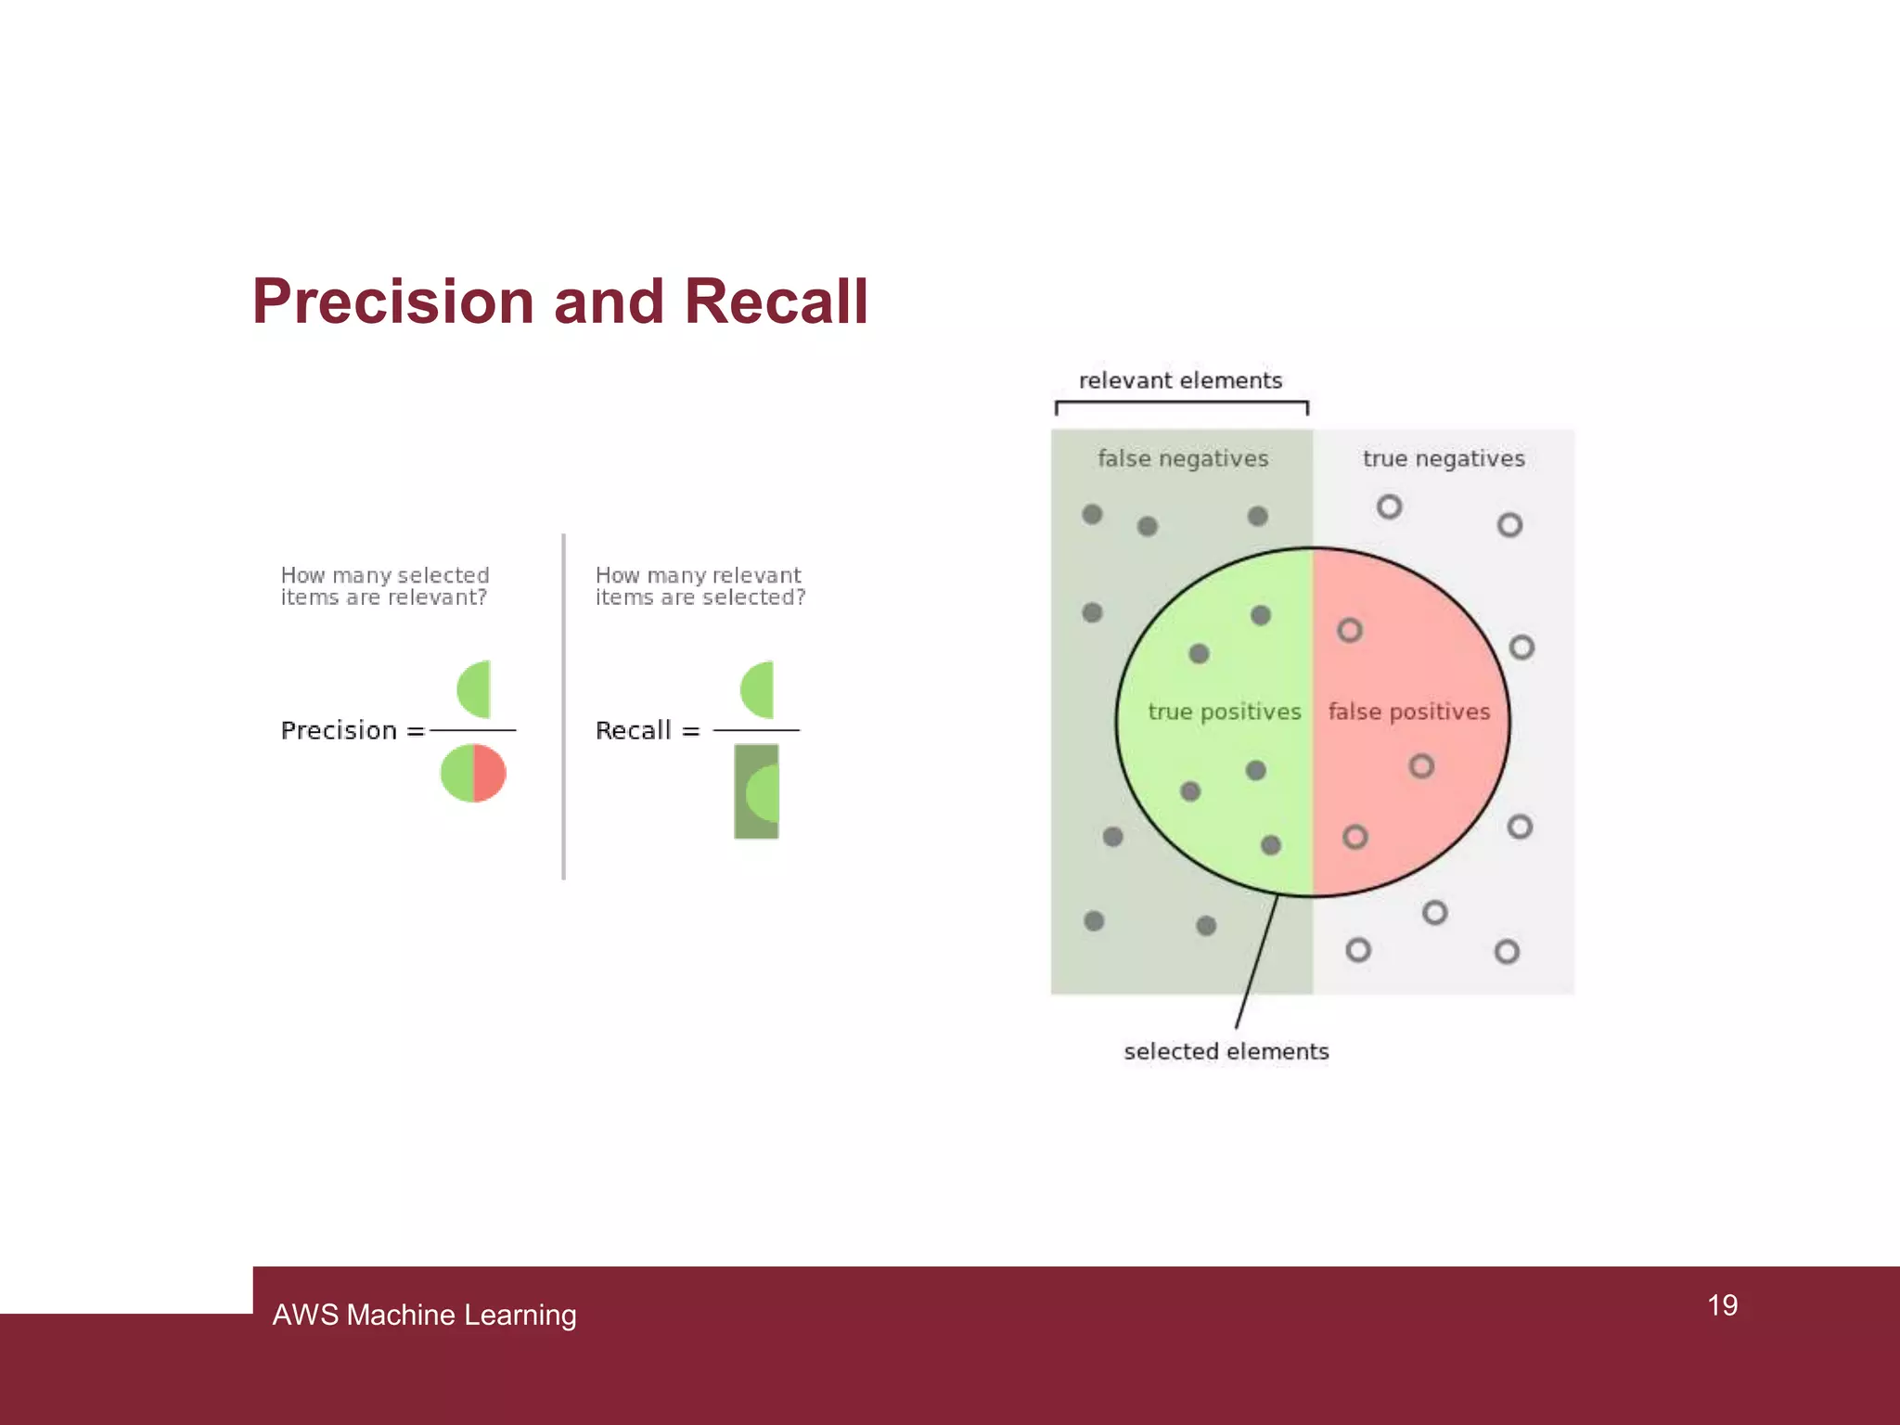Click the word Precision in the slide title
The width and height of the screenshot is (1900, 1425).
tap(394, 302)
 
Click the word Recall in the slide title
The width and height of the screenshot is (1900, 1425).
tap(776, 302)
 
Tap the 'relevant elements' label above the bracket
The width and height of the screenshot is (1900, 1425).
tap(1180, 380)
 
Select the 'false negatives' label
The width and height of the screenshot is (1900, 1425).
tap(1183, 458)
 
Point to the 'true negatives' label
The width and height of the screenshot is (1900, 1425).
tap(1444, 458)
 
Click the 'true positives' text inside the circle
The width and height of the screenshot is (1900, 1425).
tap(1225, 712)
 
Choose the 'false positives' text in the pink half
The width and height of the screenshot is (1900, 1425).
tap(1408, 712)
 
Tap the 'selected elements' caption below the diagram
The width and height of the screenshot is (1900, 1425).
tap(1226, 1051)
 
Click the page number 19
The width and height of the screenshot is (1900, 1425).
tap(1722, 1305)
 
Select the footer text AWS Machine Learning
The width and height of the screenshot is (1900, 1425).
tap(424, 1315)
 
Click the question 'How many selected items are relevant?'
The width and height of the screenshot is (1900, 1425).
tap(384, 586)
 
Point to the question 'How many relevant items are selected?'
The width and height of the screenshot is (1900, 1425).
tap(700, 586)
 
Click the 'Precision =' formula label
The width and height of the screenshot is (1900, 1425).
tap(352, 731)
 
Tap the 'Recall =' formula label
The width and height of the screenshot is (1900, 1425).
tap(647, 731)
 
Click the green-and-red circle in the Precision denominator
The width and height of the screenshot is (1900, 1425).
tap(473, 773)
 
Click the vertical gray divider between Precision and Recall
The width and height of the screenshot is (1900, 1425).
tap(563, 705)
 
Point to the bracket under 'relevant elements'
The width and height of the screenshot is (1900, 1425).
tap(1181, 404)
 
